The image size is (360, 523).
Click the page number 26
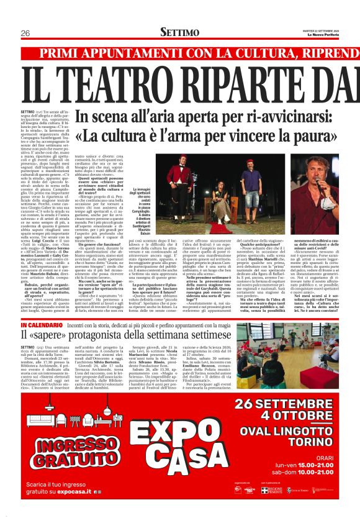coord(25,33)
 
